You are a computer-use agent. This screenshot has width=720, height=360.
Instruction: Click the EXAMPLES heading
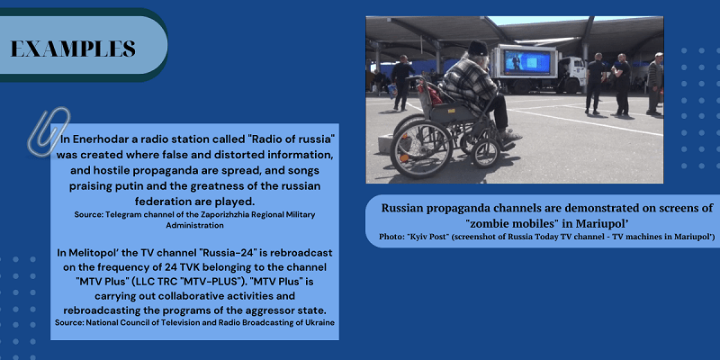coord(73,49)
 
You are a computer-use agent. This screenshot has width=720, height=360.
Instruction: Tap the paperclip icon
coord(49,130)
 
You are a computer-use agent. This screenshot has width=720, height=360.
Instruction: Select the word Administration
coord(194,226)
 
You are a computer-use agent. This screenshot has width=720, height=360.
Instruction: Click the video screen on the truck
coord(527,62)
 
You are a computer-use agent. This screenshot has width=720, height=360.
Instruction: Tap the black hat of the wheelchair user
coord(478,48)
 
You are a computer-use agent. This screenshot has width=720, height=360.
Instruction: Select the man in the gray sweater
coord(655,84)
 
